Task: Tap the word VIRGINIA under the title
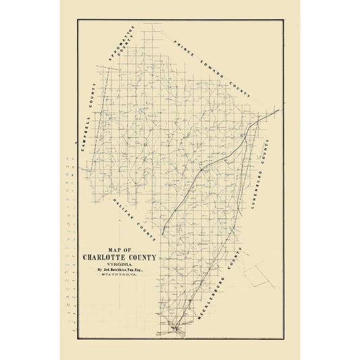(119, 265)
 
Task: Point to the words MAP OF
(119, 249)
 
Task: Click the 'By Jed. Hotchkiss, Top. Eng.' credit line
(119, 271)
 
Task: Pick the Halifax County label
(135, 219)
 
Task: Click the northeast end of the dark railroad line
(278, 111)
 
